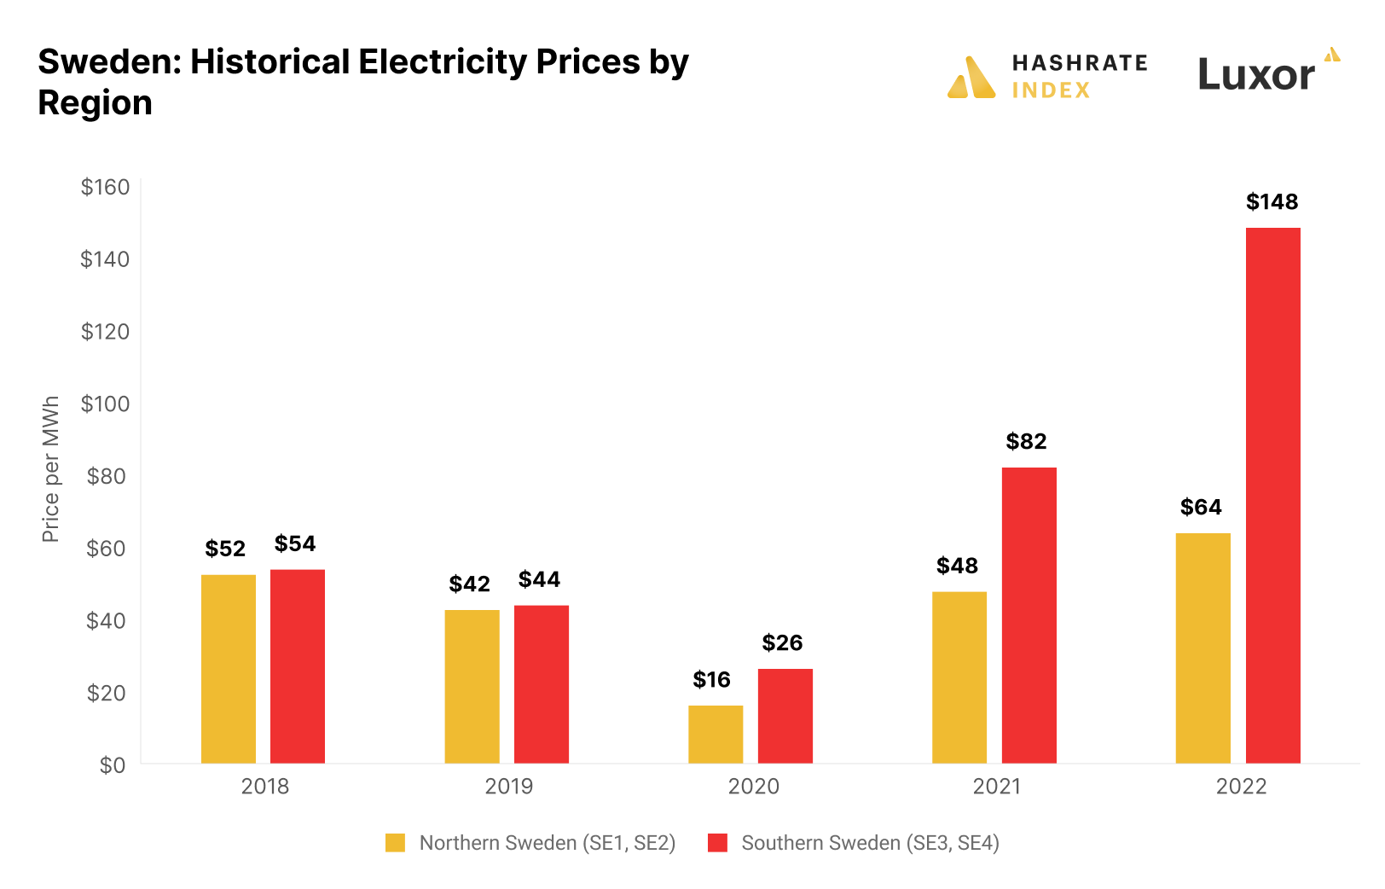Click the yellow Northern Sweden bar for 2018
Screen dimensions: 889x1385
(x=229, y=669)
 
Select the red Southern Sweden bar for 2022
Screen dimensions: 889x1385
(x=1272, y=495)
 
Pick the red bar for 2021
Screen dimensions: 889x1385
(x=1029, y=614)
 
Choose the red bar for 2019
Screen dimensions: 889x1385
(x=542, y=683)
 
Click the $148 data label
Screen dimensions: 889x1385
(x=1272, y=202)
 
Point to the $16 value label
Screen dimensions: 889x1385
(x=711, y=680)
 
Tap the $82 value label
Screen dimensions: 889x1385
(x=1026, y=442)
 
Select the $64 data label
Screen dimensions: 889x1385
(x=1201, y=508)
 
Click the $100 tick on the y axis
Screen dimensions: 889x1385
(x=105, y=404)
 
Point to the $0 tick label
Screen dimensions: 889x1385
(x=113, y=765)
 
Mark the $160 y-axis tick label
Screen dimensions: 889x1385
(x=105, y=187)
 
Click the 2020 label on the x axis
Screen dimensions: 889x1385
(x=753, y=787)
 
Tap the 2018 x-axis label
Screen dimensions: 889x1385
(x=264, y=787)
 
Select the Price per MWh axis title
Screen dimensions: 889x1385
(x=50, y=469)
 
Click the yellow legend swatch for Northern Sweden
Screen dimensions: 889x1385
(x=395, y=843)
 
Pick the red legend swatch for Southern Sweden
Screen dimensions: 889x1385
(x=717, y=843)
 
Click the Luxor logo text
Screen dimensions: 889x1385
(x=1256, y=75)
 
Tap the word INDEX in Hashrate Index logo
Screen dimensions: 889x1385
(x=1051, y=90)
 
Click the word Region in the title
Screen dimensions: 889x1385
(x=95, y=103)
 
